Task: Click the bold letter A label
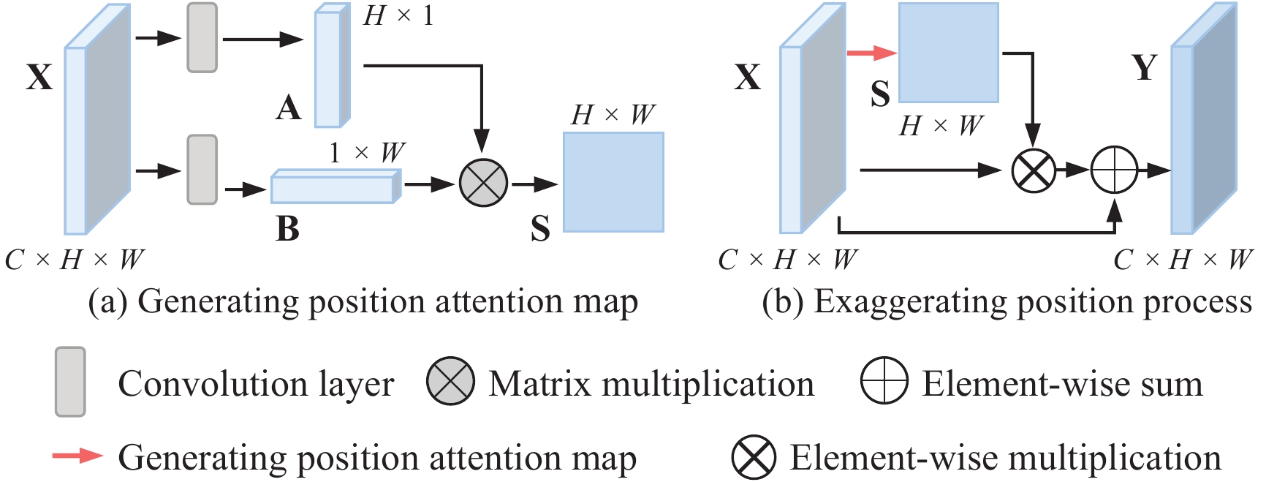[x=289, y=108]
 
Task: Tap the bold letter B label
[x=287, y=228]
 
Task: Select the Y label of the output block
[x=1145, y=68]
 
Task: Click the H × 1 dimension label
[x=398, y=15]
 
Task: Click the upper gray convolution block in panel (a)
[x=202, y=38]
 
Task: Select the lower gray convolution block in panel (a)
[x=202, y=170]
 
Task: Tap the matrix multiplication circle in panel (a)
[x=483, y=183]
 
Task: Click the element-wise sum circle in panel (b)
[x=1114, y=170]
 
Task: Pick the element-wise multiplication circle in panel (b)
[x=1034, y=170]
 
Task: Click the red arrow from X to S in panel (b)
[x=871, y=53]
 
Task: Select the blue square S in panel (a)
[x=613, y=182]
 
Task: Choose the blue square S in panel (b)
[x=948, y=53]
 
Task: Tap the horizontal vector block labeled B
[x=335, y=187]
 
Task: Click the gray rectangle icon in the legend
[x=70, y=382]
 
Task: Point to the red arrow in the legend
[x=77, y=456]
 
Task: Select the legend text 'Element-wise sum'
[x=1062, y=383]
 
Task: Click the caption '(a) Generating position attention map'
[x=363, y=301]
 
